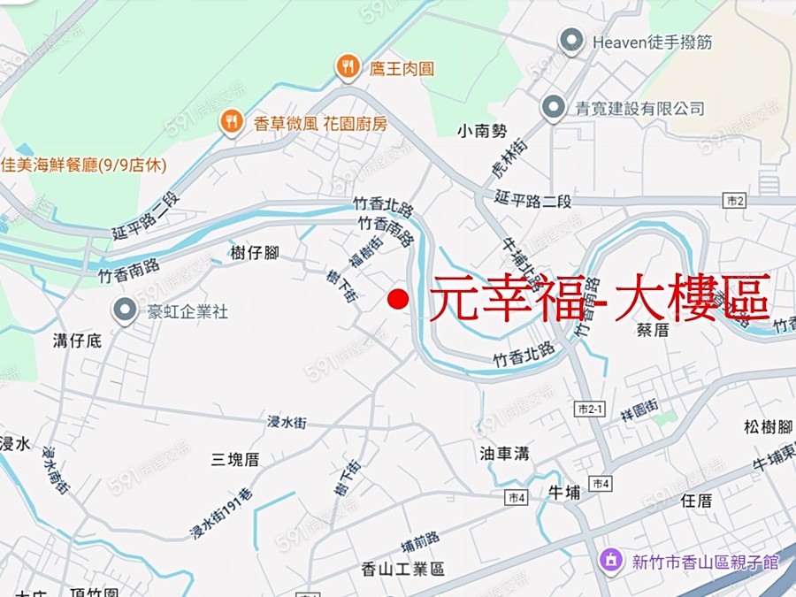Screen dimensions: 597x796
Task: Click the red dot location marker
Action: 398,300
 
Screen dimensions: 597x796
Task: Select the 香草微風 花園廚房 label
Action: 320,124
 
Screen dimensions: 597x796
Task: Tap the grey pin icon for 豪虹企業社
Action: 125,310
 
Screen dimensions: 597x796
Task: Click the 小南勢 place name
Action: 483,131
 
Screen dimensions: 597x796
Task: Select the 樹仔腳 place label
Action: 255,253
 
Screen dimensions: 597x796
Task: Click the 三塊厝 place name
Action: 235,459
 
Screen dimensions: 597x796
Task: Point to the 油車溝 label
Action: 505,453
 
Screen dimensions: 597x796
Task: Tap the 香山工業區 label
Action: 402,569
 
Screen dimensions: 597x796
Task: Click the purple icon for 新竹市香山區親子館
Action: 610,560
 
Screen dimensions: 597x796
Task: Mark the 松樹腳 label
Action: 768,427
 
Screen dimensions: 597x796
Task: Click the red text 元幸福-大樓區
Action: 601,297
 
